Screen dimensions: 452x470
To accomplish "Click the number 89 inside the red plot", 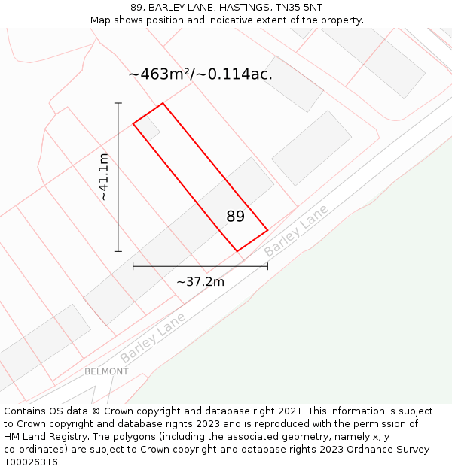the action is [236, 217].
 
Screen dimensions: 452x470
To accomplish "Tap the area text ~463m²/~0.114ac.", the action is [200, 74].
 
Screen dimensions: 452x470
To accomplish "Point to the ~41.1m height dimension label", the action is [104, 177].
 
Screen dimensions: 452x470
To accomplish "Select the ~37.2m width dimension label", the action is [200, 281].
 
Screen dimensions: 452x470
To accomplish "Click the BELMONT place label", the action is [106, 371].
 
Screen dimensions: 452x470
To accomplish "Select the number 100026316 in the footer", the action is [31, 462].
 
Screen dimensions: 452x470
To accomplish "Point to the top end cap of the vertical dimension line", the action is [118, 103].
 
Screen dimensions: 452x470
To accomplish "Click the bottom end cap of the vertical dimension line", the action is [118, 251].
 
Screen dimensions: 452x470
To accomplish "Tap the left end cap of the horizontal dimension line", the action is [133, 266].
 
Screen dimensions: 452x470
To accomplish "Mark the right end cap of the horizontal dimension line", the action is [267, 266].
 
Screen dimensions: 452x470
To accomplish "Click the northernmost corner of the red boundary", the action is [163, 103].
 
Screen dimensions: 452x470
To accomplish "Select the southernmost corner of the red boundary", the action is [237, 251].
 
